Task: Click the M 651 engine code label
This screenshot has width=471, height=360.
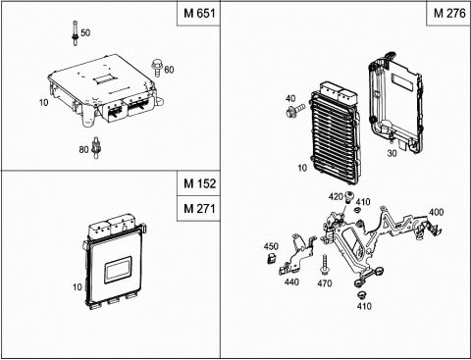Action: point(199,13)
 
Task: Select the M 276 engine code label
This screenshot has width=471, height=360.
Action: point(449,13)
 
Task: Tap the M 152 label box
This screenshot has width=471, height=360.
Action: point(199,183)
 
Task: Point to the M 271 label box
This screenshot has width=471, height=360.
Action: point(199,208)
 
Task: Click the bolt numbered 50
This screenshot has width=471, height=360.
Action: point(76,33)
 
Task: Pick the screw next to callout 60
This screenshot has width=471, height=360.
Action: point(157,68)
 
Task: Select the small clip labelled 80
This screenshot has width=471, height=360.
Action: point(96,147)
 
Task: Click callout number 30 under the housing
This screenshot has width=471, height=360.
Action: point(392,153)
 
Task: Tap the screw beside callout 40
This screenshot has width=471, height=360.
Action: point(295,110)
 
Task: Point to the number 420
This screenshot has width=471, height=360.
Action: point(336,197)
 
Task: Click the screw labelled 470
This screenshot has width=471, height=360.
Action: point(325,265)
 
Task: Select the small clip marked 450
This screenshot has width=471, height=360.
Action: point(272,258)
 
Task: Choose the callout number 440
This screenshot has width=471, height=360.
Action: point(291,282)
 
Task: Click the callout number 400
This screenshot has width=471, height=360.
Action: point(436,212)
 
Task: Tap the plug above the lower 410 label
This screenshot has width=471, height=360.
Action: point(361,294)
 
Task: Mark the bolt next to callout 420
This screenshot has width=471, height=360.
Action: point(348,197)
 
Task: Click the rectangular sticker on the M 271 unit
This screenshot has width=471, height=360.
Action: point(118,270)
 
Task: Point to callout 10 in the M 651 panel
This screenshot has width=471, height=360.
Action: point(43,103)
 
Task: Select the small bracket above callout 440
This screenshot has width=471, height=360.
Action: point(297,255)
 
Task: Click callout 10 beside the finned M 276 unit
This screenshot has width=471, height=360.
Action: point(302,168)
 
